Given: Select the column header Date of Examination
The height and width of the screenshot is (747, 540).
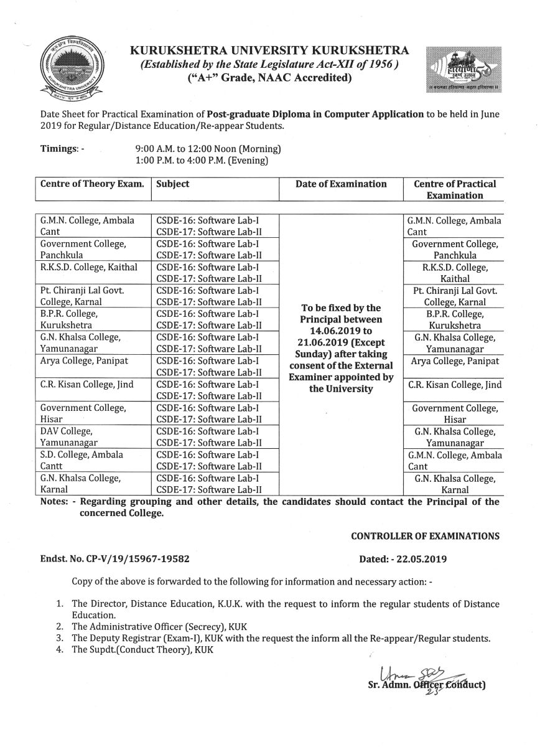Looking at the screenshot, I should (x=341, y=184).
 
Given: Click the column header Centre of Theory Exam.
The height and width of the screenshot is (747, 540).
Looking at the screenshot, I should (x=92, y=184).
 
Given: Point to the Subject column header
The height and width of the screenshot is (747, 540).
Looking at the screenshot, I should (x=173, y=184).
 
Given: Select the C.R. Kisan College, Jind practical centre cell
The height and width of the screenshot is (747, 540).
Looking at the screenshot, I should (x=455, y=385).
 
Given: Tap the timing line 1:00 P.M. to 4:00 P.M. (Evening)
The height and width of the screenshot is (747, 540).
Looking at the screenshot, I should (x=202, y=161).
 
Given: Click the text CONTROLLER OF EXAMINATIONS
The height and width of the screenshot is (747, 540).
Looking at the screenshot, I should (x=425, y=535).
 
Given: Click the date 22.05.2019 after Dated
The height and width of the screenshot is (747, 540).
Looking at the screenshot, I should (x=433, y=559).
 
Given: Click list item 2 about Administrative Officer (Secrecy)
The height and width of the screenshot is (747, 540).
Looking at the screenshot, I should (x=154, y=626).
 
